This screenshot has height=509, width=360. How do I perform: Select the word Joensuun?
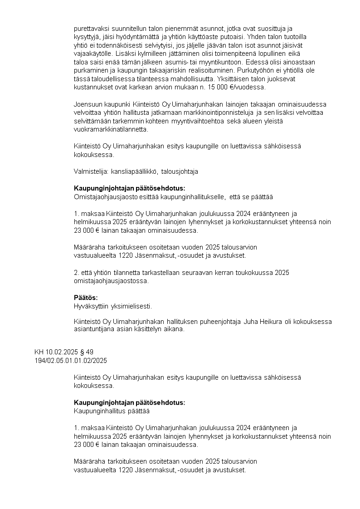coord(87,104)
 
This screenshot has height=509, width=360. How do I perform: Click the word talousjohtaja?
coord(180,171)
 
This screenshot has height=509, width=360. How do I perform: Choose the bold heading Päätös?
coord(86,298)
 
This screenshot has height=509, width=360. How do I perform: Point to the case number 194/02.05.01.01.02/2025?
coord(70,360)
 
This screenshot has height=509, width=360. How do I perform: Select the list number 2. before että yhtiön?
coord(76,272)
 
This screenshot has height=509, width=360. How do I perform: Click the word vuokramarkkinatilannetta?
coord(111,129)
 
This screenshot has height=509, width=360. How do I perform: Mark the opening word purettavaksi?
coord(91,28)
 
